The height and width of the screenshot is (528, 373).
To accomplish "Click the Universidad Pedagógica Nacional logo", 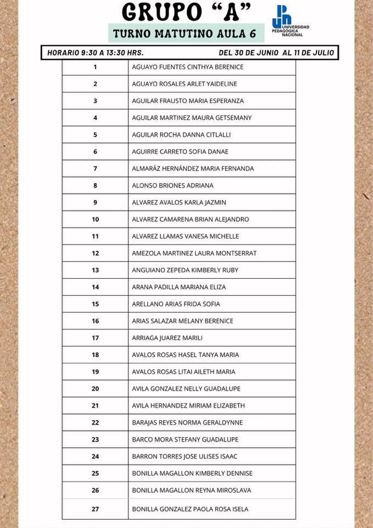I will point(290,21).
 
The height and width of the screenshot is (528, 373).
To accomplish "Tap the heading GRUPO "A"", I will point(186,12).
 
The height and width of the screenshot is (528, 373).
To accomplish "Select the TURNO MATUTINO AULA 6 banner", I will point(185,34).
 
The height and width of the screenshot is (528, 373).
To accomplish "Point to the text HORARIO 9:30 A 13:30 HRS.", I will point(96,53).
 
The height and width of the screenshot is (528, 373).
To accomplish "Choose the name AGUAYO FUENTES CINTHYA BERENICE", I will point(188,67).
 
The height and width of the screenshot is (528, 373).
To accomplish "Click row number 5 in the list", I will point(95,135).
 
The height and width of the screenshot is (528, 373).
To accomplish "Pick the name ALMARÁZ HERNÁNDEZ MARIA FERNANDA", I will point(193,169).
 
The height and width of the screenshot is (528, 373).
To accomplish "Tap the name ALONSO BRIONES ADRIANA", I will point(172,186).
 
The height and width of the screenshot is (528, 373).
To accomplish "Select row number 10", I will point(95,219).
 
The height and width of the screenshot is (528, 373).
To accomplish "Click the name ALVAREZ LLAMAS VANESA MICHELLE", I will point(186,237).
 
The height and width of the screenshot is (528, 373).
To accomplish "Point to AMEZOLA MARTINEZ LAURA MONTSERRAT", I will point(194,254).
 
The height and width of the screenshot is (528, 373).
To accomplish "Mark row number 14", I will point(95,287).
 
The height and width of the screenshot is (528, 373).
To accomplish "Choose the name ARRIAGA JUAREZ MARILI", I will point(168,338).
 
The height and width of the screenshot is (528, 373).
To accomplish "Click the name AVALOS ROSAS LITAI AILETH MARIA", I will point(183,372).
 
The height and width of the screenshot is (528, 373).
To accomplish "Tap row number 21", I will point(95,406).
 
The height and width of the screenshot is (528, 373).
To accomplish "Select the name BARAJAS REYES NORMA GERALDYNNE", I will point(187,423).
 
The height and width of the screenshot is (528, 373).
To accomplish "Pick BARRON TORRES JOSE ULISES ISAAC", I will point(185,457).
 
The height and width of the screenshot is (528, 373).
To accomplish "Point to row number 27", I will point(95,509).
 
